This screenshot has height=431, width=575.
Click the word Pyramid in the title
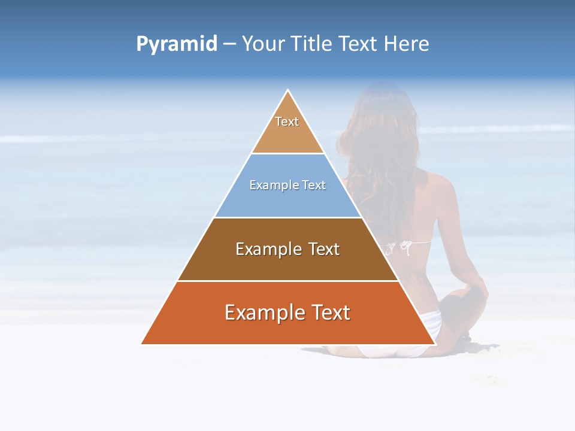point(176,44)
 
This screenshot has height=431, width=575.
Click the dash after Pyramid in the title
point(229,44)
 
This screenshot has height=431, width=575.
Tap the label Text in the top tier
point(287,122)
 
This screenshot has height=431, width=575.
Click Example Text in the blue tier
point(287,185)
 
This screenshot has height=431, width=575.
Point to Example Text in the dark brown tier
point(287,249)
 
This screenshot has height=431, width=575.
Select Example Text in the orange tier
point(287,312)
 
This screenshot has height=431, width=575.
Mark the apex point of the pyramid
point(287,90)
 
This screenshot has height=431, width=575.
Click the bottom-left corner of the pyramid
point(142,344)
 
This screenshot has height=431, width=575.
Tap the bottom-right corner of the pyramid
point(434,344)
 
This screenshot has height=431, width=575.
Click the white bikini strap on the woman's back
point(413,243)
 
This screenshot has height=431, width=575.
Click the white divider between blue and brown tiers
point(287,217)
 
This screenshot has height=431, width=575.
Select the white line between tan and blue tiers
point(287,154)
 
